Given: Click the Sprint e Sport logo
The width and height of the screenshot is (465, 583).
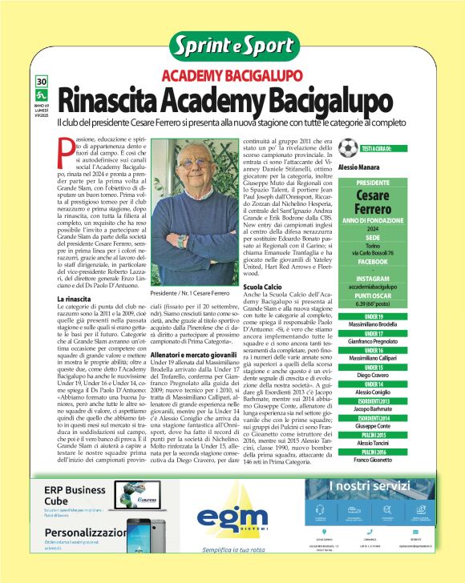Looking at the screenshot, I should [232, 46].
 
